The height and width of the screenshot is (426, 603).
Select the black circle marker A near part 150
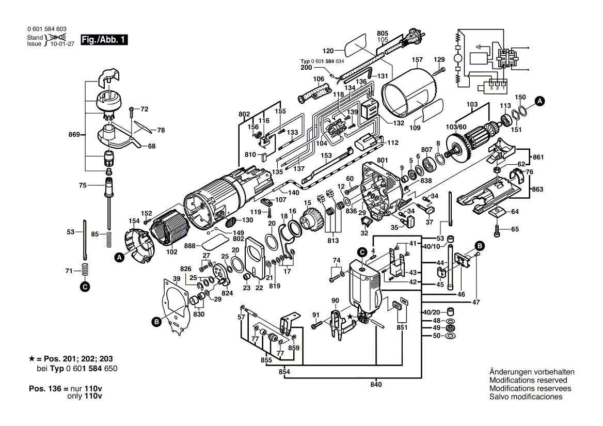[x=539, y=101]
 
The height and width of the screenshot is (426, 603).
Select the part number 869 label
[x=74, y=135]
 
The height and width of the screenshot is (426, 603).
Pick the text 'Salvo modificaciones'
[x=526, y=397]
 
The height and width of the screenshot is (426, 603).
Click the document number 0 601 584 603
[x=46, y=29]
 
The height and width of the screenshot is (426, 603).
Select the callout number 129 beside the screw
[x=439, y=59]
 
